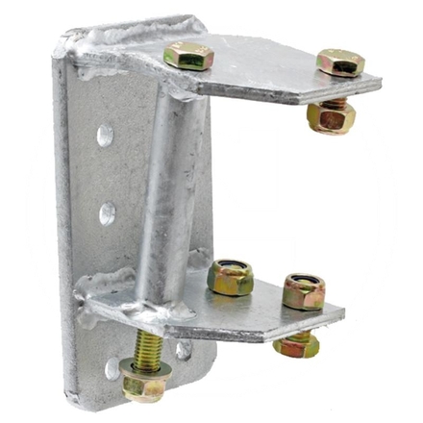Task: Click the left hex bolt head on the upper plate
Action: pyautogui.click(x=187, y=55)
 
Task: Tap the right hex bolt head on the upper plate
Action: pyautogui.click(x=339, y=62)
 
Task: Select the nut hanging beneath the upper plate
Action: pyautogui.click(x=331, y=118)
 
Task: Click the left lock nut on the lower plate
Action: pyautogui.click(x=231, y=278)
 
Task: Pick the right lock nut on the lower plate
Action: pyautogui.click(x=303, y=290)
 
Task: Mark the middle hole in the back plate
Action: pyautogui.click(x=107, y=212)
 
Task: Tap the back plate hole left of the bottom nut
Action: pyautogui.click(x=112, y=367)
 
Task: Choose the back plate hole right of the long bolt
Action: pyautogui.click(x=183, y=349)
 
